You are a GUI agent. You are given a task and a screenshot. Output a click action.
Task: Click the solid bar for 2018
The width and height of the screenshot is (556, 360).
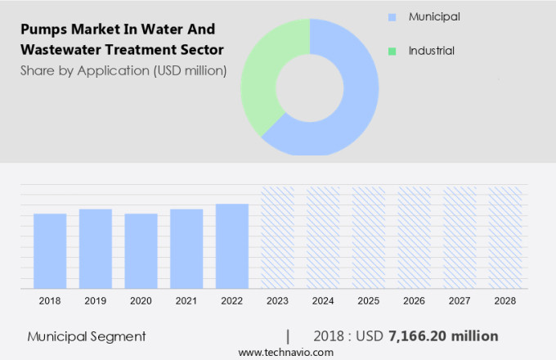tap(50, 250)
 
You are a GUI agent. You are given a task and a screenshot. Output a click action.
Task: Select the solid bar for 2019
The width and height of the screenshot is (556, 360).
tap(96, 248)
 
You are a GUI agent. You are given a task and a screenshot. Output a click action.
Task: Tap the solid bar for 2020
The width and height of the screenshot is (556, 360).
tap(141, 250)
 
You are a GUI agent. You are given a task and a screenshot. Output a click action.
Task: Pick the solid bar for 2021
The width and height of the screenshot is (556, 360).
tap(186, 248)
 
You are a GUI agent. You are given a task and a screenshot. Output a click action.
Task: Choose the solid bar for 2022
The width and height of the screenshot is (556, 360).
tap(231, 245)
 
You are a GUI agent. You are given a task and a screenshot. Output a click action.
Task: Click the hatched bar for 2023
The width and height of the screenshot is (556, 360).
tap(277, 237)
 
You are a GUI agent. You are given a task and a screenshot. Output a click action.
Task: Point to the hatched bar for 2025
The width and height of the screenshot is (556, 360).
tap(368, 237)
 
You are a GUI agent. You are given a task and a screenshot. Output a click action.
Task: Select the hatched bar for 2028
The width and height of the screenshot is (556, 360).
tap(504, 237)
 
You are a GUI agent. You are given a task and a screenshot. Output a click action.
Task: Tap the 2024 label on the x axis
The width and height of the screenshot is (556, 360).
tap(323, 301)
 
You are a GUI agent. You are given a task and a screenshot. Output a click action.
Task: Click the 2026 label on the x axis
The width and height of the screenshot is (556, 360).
tap(414, 301)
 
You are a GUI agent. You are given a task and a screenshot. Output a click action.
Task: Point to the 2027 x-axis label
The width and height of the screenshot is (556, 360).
tap(460, 301)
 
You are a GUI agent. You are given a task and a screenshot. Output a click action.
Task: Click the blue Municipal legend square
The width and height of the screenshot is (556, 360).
tap(392, 16)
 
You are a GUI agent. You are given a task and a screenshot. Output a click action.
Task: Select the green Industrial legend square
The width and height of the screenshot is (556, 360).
tap(392, 51)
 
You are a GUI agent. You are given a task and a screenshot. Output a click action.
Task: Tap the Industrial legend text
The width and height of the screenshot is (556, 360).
tap(432, 51)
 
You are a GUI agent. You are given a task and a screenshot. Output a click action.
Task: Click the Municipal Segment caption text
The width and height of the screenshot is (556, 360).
tap(87, 336)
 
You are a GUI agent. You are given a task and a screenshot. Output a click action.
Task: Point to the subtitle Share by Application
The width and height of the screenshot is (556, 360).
tap(123, 70)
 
